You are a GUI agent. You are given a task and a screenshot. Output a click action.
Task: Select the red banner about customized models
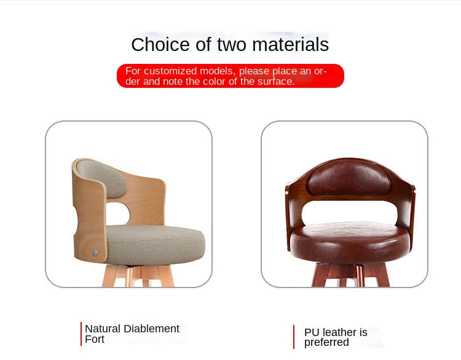pyautogui.click(x=230, y=76)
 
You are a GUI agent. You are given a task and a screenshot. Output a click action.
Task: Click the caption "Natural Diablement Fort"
pyautogui.click(x=132, y=334)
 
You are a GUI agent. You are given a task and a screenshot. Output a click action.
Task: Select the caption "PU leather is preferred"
pyautogui.click(x=336, y=337)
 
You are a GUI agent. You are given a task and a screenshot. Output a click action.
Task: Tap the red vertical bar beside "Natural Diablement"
pyautogui.click(x=81, y=334)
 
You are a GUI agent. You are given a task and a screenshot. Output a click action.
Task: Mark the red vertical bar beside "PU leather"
pyautogui.click(x=294, y=337)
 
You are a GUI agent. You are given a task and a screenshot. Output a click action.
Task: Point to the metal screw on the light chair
pyautogui.click(x=95, y=252)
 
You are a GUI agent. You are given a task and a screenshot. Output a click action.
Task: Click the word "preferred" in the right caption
pyautogui.click(x=326, y=343)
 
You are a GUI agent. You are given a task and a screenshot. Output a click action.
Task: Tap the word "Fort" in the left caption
pyautogui.click(x=95, y=339)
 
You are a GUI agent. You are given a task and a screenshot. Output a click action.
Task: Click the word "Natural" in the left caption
pyautogui.click(x=103, y=329)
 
